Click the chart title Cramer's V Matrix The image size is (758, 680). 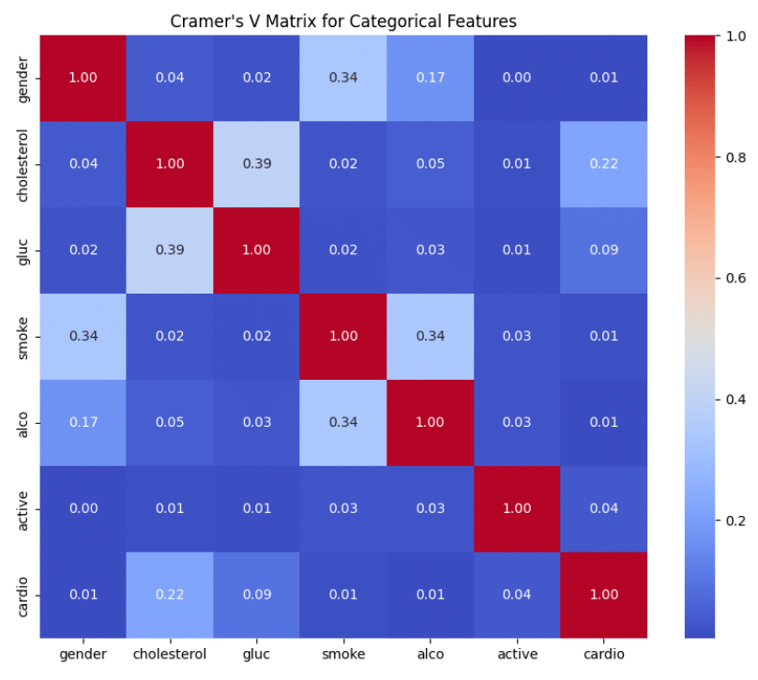tap(343, 20)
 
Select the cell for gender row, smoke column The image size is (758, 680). tap(343, 77)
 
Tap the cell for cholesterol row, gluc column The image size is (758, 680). tap(258, 164)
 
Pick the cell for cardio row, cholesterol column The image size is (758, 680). tap(172, 595)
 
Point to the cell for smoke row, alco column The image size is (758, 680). tap(430, 337)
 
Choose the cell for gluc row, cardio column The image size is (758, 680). tap(602, 250)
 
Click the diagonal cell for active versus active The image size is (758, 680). tap(516, 508)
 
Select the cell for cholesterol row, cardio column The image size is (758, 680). tap(602, 164)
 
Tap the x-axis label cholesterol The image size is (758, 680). tap(172, 651)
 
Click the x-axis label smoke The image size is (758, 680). tap(343, 651)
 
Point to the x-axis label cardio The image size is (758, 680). tap(602, 651)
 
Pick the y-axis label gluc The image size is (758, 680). tap(23, 250)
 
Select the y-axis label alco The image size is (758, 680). tap(23, 423)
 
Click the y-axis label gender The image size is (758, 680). tap(23, 77)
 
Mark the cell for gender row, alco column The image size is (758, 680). tap(430, 77)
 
